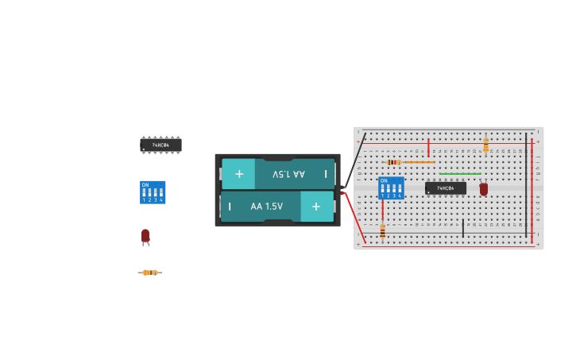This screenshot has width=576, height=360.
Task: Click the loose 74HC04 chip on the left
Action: point(160,145)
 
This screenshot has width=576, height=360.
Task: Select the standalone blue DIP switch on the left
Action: point(153,192)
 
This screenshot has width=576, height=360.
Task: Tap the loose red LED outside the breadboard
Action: point(145,236)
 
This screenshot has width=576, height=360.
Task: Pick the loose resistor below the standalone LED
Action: point(149,273)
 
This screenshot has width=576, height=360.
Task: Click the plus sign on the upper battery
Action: point(239,173)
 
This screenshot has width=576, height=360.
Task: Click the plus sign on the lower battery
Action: point(316,207)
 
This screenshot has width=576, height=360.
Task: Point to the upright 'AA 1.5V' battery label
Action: point(266,207)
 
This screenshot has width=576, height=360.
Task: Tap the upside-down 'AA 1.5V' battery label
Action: point(288,173)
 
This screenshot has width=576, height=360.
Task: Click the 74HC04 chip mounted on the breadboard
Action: point(446,188)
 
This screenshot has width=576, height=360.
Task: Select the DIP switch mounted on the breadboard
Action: point(391,188)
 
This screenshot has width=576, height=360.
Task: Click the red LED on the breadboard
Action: point(483,188)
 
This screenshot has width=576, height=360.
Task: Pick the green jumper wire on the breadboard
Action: point(460,173)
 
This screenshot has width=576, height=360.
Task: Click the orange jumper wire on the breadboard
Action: point(419,162)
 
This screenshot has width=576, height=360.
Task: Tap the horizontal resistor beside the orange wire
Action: point(393,162)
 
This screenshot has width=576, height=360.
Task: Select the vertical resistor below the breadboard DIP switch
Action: point(382,230)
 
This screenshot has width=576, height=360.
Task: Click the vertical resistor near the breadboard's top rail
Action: point(485,145)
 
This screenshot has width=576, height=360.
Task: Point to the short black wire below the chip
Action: point(463,228)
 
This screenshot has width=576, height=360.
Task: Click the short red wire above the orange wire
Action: point(428,148)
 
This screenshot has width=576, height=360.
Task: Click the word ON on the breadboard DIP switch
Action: point(384,181)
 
